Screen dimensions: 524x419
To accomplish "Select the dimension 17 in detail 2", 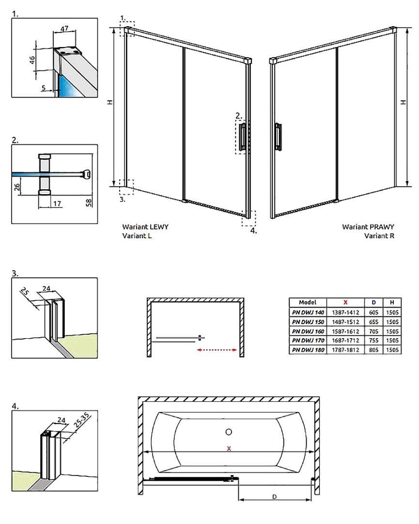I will point(57,204).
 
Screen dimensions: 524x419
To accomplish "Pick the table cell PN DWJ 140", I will point(308,312).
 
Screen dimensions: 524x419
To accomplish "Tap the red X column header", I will point(345,302).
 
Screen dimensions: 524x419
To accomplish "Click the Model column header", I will point(308,302).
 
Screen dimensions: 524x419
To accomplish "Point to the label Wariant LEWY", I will point(146,227).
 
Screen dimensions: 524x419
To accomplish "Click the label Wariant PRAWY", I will point(368,227).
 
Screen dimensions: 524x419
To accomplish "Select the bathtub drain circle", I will point(229,432).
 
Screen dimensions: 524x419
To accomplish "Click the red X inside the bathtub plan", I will point(229,449).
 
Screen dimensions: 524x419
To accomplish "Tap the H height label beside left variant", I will point(111,103).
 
